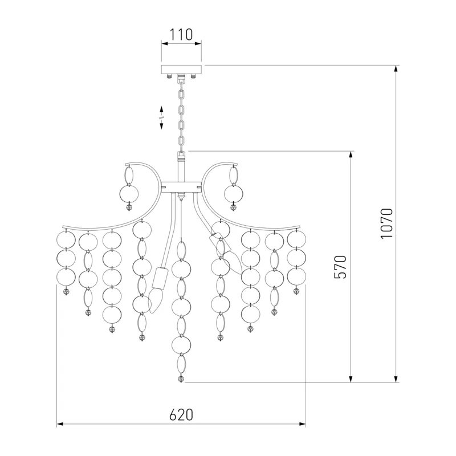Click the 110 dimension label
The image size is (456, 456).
(x=181, y=34)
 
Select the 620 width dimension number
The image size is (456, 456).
(x=181, y=415)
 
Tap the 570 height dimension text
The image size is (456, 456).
(x=340, y=267)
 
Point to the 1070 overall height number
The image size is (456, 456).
(x=386, y=223)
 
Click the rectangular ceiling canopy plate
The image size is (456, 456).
(x=181, y=70)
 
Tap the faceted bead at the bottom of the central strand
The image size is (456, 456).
(x=181, y=380)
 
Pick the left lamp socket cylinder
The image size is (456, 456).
(x=159, y=278)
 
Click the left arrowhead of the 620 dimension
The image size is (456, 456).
(x=60, y=424)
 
